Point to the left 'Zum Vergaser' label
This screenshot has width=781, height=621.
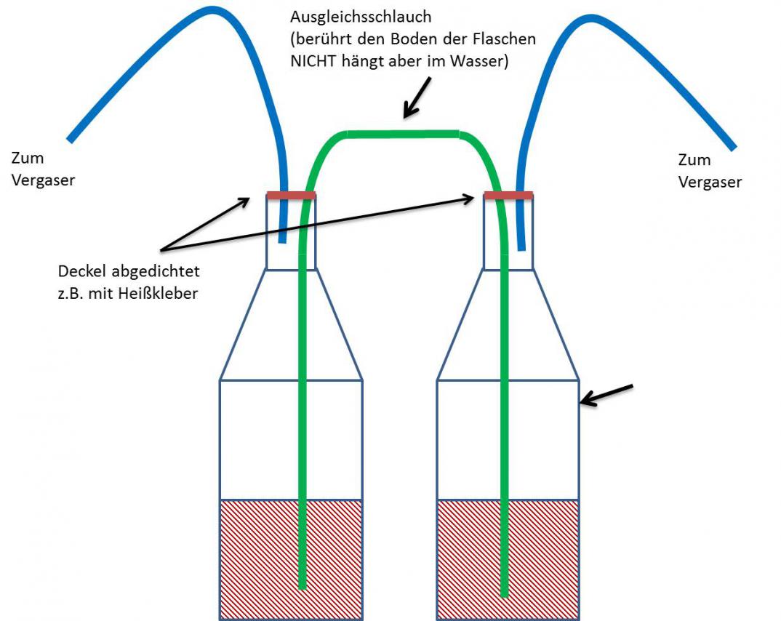pos(43,169)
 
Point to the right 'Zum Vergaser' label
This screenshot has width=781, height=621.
pos(710,171)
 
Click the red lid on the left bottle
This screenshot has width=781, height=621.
pos(291,195)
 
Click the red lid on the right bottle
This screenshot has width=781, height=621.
pos(509,195)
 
